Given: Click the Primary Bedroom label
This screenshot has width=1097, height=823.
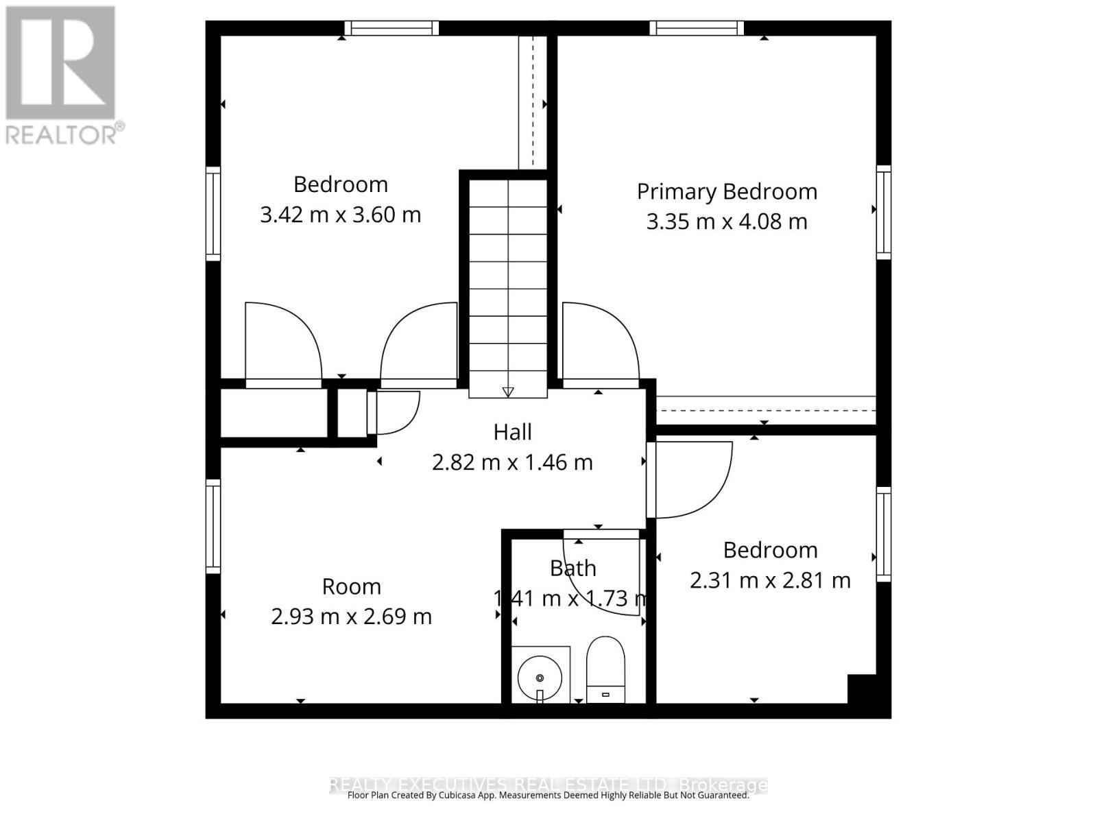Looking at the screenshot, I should click(x=727, y=191).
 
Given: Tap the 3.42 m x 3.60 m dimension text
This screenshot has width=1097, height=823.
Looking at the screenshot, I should click(x=340, y=215).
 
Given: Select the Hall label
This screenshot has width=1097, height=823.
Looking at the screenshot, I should click(x=512, y=432).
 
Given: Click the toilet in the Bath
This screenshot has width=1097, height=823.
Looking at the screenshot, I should click(x=605, y=669).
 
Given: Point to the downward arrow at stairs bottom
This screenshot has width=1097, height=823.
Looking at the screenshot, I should click(x=508, y=392).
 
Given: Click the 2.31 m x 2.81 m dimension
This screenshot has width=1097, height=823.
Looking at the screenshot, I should click(x=770, y=581).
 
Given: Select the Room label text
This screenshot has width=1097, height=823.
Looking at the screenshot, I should click(x=351, y=587).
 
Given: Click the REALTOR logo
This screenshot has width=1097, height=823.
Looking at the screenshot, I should click(x=62, y=75).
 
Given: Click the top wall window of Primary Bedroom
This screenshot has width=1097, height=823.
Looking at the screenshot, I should click(x=697, y=28).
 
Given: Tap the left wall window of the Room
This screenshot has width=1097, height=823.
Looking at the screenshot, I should click(x=213, y=526).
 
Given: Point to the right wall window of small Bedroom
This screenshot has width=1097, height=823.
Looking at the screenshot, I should click(x=884, y=534).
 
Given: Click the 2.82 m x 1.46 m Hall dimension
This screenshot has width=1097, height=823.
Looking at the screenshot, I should click(x=512, y=462).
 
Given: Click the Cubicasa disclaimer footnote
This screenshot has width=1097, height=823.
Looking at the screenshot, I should click(x=548, y=796).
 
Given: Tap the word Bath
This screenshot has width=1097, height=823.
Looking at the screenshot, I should click(x=572, y=568).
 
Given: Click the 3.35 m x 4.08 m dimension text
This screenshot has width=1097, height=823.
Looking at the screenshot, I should click(x=727, y=222).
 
